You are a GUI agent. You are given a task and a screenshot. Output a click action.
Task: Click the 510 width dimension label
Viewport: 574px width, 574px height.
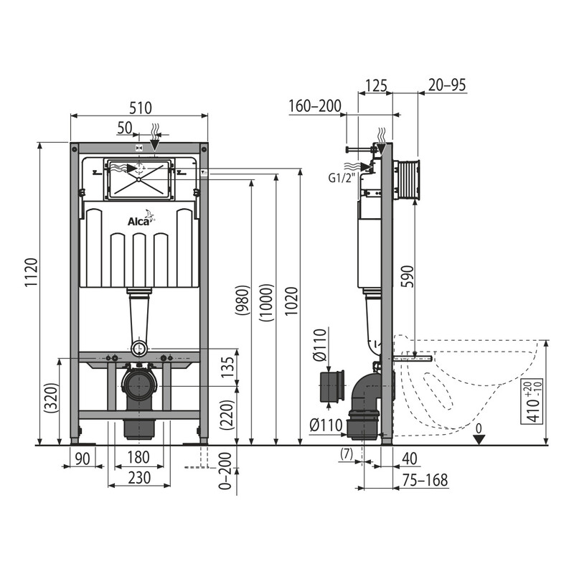(x=141, y=108)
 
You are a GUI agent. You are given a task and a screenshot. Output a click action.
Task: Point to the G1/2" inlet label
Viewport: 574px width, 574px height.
(x=342, y=178)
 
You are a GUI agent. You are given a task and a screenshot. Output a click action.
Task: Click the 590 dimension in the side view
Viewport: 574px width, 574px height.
(x=408, y=277)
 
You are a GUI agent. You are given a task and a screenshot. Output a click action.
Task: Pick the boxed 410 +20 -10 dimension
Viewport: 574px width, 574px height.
(x=532, y=401)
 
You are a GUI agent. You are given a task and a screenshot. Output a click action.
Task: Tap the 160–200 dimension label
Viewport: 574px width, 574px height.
(x=315, y=106)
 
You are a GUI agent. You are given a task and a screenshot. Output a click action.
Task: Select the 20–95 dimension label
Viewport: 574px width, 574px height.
(x=447, y=85)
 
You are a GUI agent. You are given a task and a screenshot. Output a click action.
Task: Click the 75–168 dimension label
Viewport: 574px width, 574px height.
(x=425, y=480)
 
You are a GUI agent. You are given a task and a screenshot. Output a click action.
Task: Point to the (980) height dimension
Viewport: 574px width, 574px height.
(x=243, y=301)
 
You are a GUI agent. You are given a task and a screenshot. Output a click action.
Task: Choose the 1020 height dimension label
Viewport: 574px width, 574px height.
(x=292, y=301)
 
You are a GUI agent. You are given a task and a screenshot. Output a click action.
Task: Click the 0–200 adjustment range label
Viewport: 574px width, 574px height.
(x=225, y=471)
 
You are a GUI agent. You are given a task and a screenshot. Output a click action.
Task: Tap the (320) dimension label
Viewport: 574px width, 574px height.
(x=51, y=399)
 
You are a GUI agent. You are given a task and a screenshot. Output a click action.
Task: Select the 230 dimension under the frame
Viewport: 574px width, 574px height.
(x=139, y=478)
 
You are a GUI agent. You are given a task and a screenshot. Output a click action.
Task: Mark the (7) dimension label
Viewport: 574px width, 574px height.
(x=347, y=454)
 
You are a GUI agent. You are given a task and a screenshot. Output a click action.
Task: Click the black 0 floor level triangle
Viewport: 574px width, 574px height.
(x=479, y=439)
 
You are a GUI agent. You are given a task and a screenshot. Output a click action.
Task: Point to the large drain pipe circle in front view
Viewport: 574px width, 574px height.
(x=139, y=385)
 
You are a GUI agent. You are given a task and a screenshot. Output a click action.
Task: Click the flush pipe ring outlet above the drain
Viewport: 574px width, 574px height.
(x=139, y=349)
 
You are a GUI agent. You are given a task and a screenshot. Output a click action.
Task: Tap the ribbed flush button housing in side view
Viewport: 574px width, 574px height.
(x=408, y=180)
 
